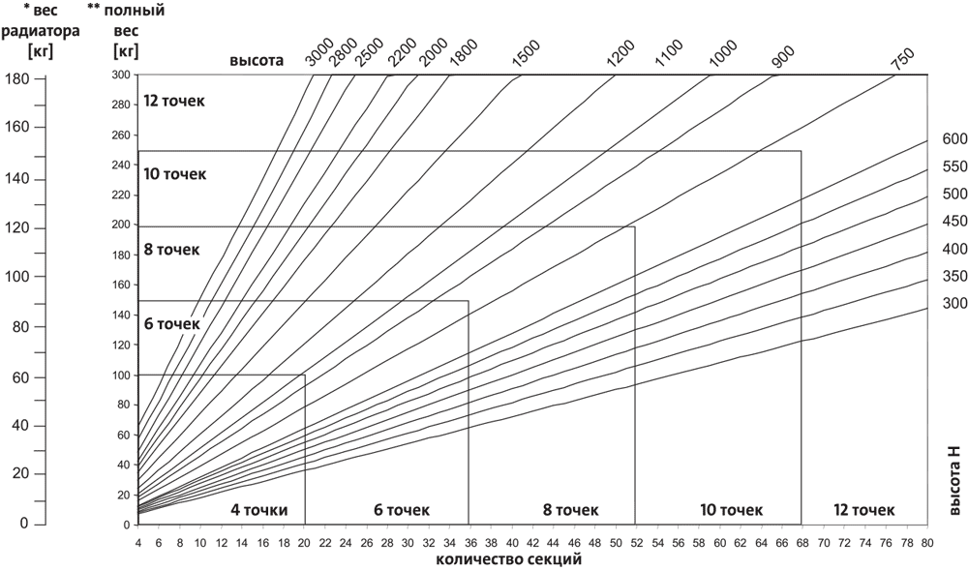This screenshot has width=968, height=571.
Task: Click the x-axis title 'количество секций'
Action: [x=509, y=558]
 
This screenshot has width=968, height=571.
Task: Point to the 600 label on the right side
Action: [x=954, y=139]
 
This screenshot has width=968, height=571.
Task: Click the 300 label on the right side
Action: [x=954, y=303]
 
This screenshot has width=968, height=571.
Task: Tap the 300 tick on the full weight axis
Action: [x=121, y=75]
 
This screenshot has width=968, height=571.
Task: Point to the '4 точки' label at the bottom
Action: [x=259, y=509]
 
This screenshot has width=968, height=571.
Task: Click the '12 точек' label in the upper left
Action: [x=174, y=101]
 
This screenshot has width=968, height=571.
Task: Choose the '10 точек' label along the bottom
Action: [x=729, y=509]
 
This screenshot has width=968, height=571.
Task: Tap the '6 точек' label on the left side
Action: [x=171, y=323]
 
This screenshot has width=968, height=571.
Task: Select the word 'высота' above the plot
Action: [x=256, y=61]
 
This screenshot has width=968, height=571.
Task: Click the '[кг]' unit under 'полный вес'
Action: [x=125, y=48]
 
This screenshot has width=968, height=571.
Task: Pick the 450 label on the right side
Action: [x=954, y=221]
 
